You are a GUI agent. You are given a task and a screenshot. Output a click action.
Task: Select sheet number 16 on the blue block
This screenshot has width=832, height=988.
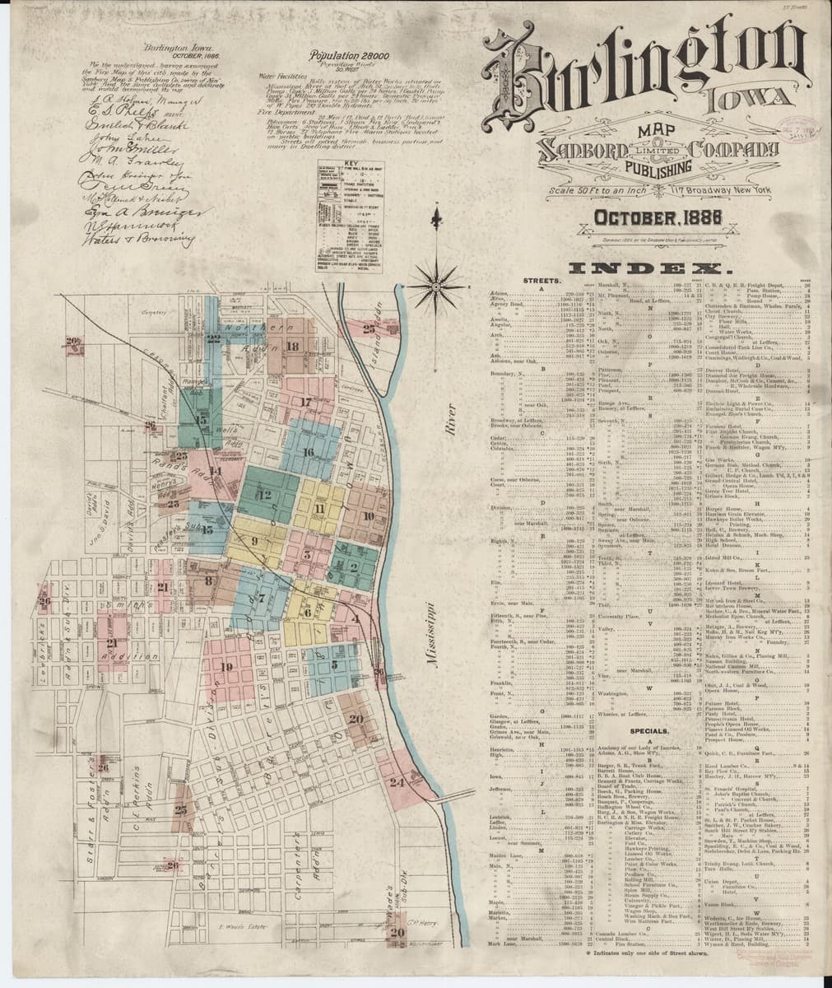308,451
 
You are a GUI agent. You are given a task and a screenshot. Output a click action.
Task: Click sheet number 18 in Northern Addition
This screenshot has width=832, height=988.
293,347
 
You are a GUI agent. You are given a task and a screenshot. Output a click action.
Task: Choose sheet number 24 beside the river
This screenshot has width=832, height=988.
397,782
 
